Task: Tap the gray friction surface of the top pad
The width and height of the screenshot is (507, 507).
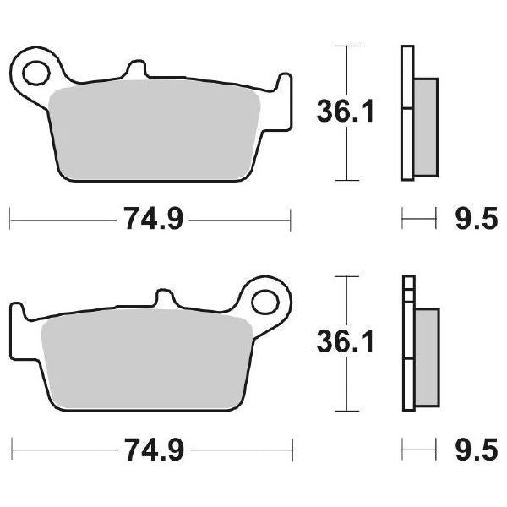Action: [x=156, y=131]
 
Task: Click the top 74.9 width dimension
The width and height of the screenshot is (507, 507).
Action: [x=151, y=221]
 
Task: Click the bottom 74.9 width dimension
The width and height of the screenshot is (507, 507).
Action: [x=151, y=447]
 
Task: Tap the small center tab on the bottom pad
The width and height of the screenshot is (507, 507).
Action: [x=166, y=297]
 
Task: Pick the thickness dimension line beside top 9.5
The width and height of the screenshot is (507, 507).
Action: [x=413, y=221]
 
